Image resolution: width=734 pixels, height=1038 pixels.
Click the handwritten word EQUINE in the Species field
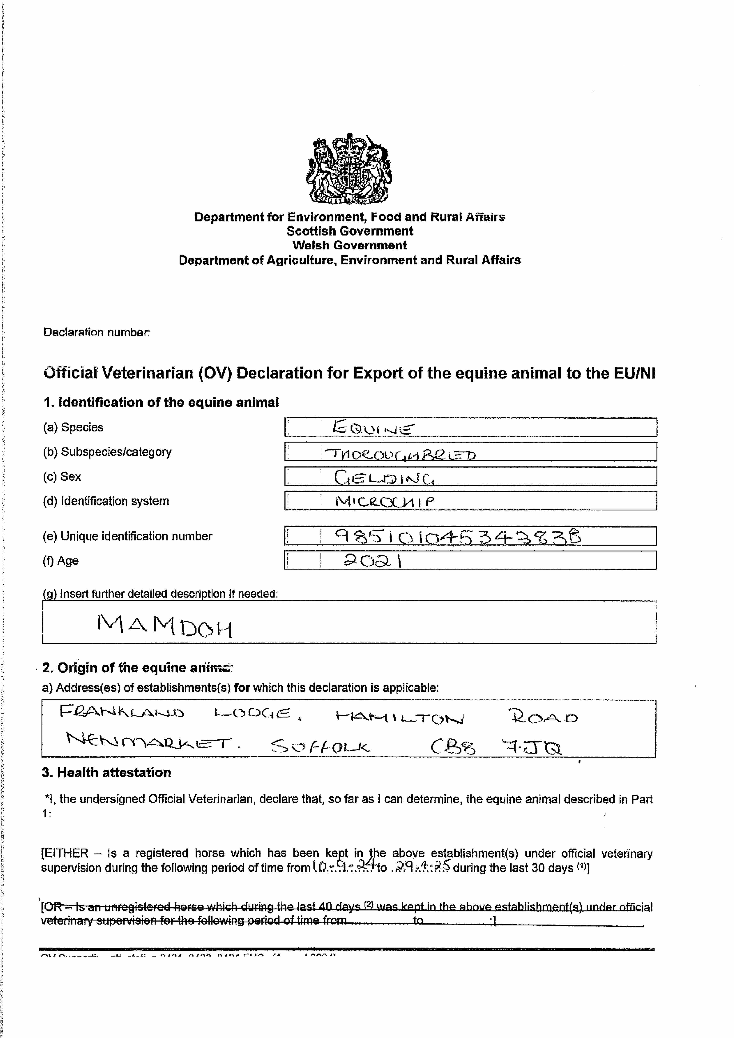pos(373,427)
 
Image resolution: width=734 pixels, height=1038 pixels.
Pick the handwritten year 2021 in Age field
pos(373,561)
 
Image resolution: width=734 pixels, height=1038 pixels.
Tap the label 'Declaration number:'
pos(96,332)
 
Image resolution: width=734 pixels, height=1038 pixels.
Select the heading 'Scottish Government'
pos(350,231)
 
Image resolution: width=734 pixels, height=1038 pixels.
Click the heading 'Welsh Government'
pos(350,245)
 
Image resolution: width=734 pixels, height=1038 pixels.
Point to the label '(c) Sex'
pos(62,476)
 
